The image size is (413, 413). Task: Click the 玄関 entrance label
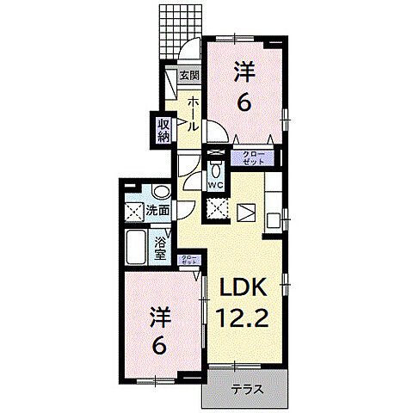point(188,75)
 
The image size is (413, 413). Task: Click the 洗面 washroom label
point(157,209)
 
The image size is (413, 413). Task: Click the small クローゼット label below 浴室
point(188,262)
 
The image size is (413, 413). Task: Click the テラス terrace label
point(247,389)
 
